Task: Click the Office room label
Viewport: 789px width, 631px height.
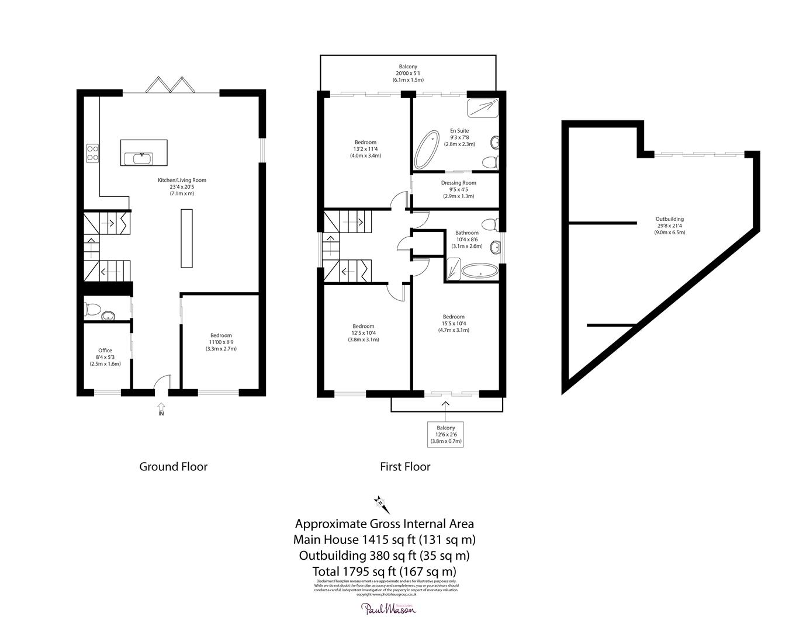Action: coord(105,357)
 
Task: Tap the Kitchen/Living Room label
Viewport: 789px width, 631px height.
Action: coord(182,186)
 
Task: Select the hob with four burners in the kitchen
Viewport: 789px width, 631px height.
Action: coord(92,152)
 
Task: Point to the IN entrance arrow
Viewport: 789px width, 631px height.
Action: coord(161,407)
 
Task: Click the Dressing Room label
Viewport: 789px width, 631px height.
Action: coord(458,189)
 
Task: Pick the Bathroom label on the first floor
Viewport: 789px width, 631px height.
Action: coord(467,240)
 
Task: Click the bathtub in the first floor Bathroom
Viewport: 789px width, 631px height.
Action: coord(480,271)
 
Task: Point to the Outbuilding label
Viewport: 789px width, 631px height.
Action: coord(669,226)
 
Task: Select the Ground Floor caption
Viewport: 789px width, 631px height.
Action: coord(173,467)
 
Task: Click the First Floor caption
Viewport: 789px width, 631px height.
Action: coord(405,467)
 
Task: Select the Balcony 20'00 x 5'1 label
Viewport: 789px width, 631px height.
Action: coord(408,73)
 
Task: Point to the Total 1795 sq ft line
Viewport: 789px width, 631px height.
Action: coord(385,571)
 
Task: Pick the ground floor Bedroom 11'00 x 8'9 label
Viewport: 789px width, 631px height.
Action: coord(221,342)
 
